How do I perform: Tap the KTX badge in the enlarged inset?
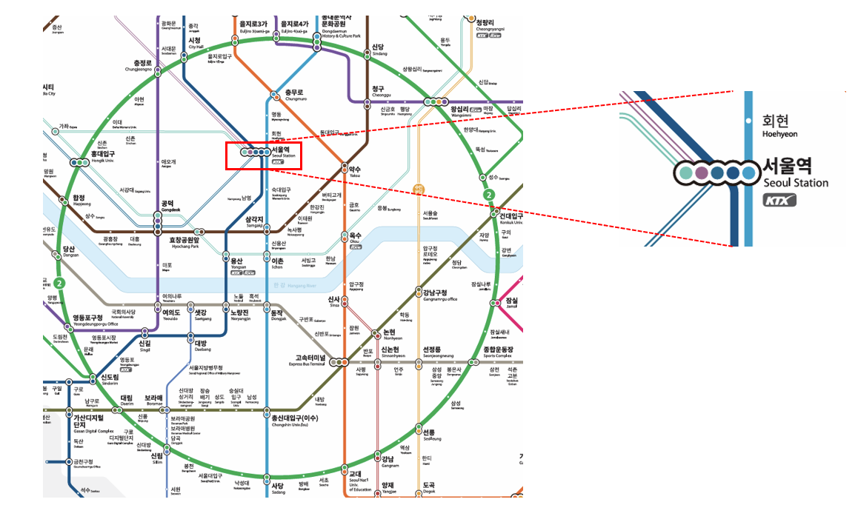click(x=779, y=200)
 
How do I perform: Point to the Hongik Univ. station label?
click(x=102, y=157)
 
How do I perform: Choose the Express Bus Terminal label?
click(x=307, y=361)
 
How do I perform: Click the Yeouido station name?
click(x=170, y=315)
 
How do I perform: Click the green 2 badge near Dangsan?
click(x=61, y=282)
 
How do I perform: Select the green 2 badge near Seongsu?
click(x=488, y=195)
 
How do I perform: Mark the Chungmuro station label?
click(x=294, y=96)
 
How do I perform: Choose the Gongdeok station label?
click(x=167, y=207)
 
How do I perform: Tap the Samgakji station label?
click(x=253, y=222)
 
